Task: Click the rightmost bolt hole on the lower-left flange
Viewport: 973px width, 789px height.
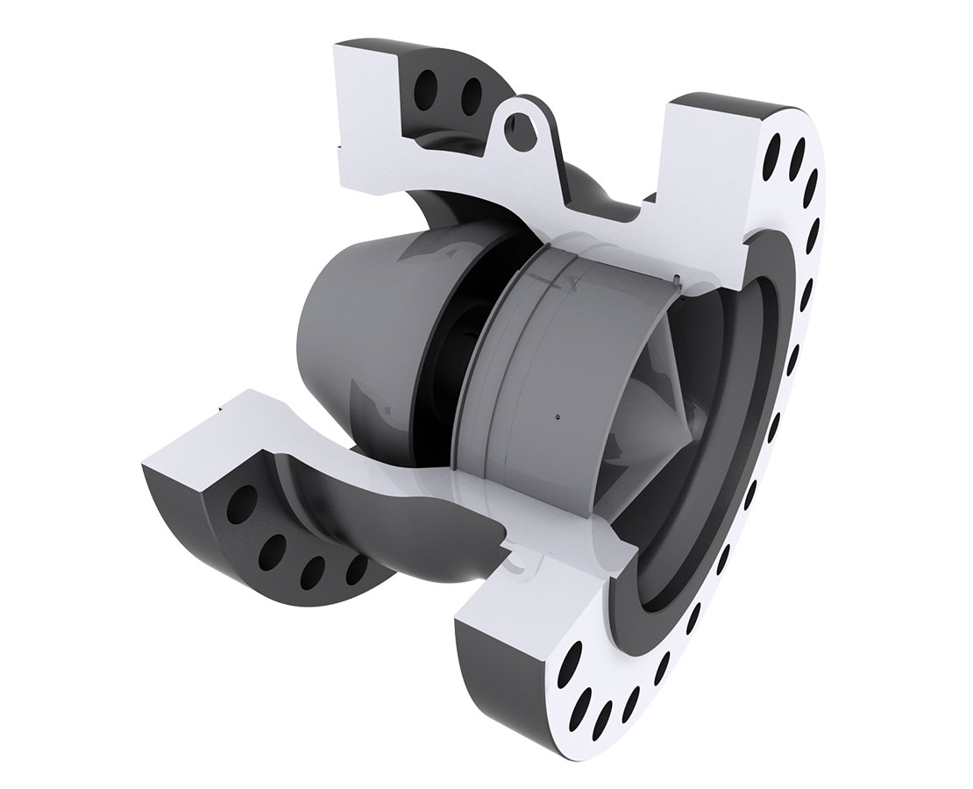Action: tap(358, 571)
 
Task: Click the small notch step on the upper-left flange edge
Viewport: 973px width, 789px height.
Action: tap(342, 146)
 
